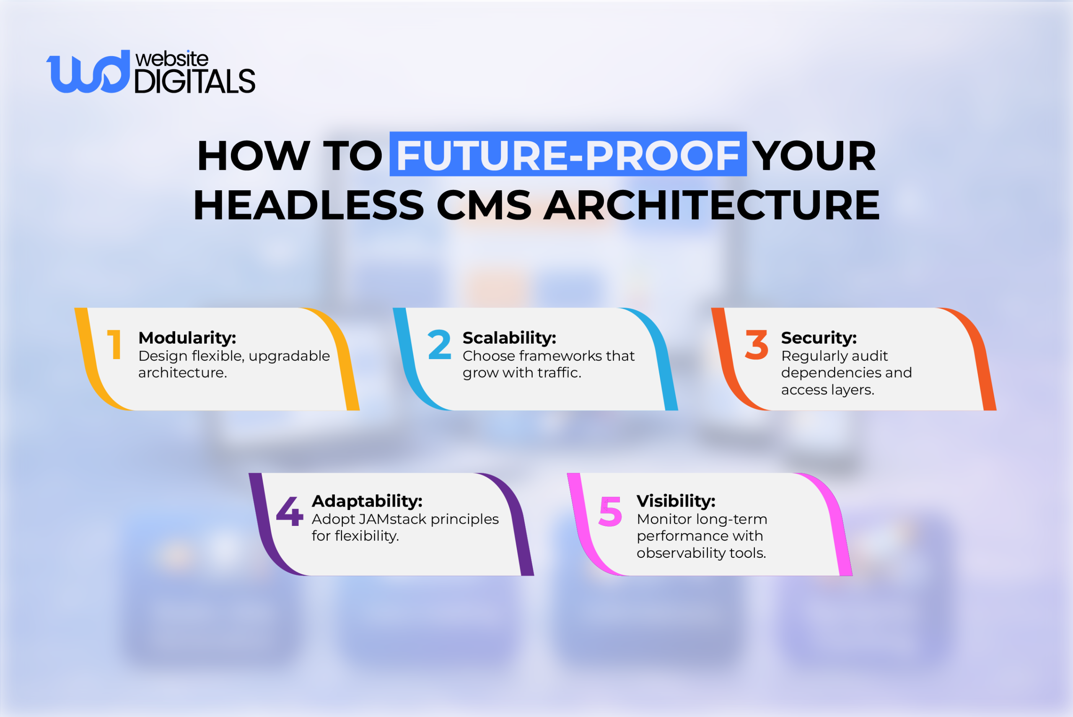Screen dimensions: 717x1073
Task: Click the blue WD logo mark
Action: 88,72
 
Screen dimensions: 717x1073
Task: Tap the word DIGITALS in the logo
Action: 195,82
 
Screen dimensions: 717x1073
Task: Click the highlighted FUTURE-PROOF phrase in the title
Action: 568,155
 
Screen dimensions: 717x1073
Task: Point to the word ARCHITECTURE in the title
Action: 711,205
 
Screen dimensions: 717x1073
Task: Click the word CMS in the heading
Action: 484,205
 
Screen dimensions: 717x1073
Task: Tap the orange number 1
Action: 114,345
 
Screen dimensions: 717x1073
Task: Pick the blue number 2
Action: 439,345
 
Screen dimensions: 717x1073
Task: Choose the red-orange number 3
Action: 757,345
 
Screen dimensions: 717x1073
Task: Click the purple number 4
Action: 290,511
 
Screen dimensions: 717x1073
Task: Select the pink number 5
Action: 610,511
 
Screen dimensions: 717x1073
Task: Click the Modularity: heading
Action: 187,338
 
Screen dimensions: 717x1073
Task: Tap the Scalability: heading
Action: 509,338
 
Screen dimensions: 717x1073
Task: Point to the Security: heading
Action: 819,338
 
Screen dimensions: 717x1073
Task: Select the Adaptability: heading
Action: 367,501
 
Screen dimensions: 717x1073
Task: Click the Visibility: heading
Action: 676,501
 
